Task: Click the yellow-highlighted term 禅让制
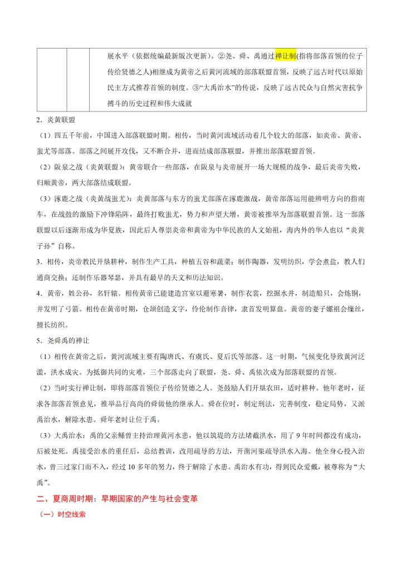click(x=286, y=56)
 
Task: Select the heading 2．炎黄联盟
click(x=56, y=120)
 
